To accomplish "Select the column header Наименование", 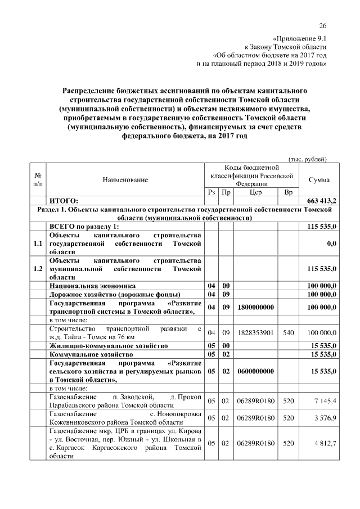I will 125,179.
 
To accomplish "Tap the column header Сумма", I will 319,179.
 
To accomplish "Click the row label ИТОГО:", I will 64,201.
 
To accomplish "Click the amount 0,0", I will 331,244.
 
